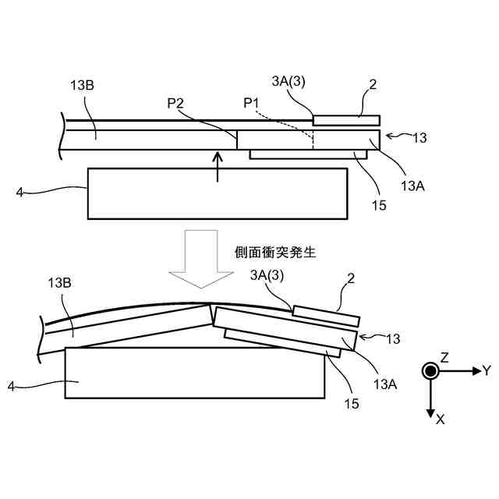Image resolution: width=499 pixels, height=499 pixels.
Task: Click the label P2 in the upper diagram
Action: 177,103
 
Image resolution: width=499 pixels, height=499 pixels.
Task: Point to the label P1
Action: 251,102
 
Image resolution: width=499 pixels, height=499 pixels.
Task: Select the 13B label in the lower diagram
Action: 62,283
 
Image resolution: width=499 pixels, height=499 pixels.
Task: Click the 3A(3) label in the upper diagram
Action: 289,83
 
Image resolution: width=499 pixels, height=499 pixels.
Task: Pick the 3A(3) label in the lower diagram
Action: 267,274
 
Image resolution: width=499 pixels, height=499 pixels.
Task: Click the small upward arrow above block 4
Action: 218,166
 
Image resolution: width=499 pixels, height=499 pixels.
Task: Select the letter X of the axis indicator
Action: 441,419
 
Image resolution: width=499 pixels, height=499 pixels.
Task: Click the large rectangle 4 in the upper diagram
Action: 218,193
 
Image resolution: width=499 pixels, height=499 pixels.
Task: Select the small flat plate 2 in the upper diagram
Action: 346,120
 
